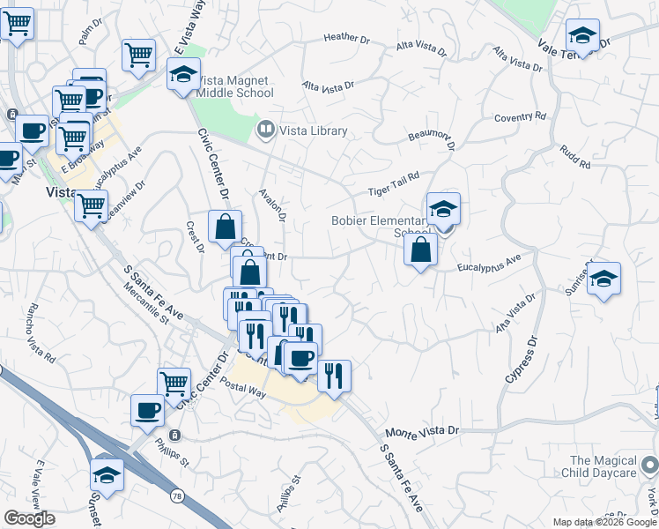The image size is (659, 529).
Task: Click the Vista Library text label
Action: tap(314, 130)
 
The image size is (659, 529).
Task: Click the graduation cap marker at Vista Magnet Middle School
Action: tap(183, 74)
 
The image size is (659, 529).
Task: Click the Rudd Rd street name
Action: tap(574, 155)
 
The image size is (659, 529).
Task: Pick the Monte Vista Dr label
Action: tap(423, 431)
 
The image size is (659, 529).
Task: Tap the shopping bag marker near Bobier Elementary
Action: tap(421, 250)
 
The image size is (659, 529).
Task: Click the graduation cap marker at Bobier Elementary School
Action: tap(443, 209)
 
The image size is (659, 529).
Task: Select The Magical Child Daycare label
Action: tap(603, 466)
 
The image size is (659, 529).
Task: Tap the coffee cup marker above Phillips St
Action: tap(147, 410)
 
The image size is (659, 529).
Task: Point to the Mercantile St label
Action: tap(146, 303)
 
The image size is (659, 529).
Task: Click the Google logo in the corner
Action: tap(29, 518)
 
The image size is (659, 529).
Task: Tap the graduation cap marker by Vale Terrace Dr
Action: tap(581, 36)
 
